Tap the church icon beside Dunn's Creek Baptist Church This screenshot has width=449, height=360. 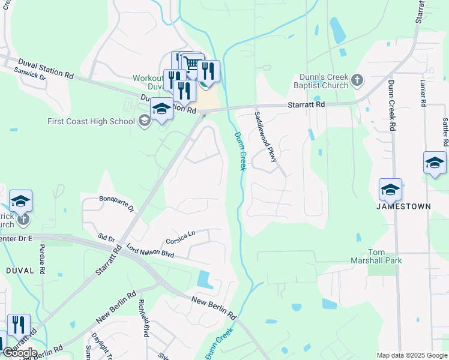tap(357, 80)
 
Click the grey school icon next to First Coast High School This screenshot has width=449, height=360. tap(144, 121)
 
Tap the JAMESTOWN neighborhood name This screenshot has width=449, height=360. tap(403, 206)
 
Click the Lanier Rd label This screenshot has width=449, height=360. tap(423, 94)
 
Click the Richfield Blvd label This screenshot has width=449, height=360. tap(143, 317)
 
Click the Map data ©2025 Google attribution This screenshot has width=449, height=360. tap(412, 355)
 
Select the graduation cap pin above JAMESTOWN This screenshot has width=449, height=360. tap(390, 190)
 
